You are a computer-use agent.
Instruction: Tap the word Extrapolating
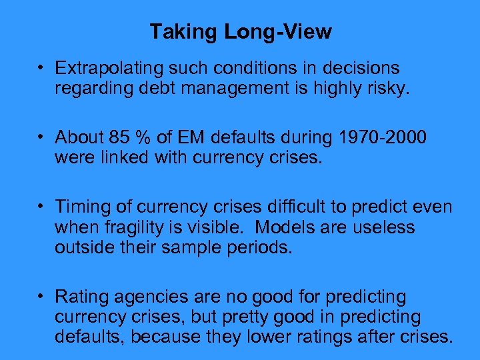(x=111, y=68)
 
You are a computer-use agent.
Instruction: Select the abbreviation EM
(x=192, y=137)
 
